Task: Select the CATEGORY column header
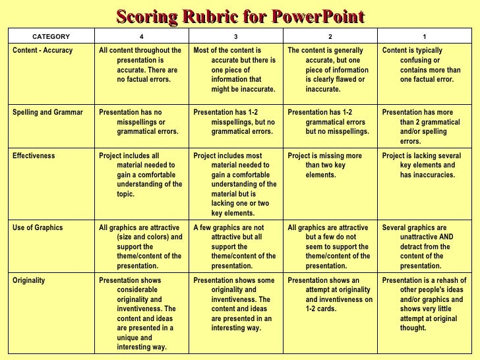[51, 36]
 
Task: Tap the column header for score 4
[141, 36]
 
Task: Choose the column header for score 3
[236, 36]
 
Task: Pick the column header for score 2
[330, 36]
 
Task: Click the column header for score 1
[425, 36]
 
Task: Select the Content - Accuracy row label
[43, 50]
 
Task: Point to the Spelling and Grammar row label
[48, 112]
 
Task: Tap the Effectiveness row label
[34, 156]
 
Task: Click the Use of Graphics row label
[38, 227]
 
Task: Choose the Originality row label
[30, 280]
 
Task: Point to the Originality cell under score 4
[140, 313]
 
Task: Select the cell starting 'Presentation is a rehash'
[424, 304]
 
